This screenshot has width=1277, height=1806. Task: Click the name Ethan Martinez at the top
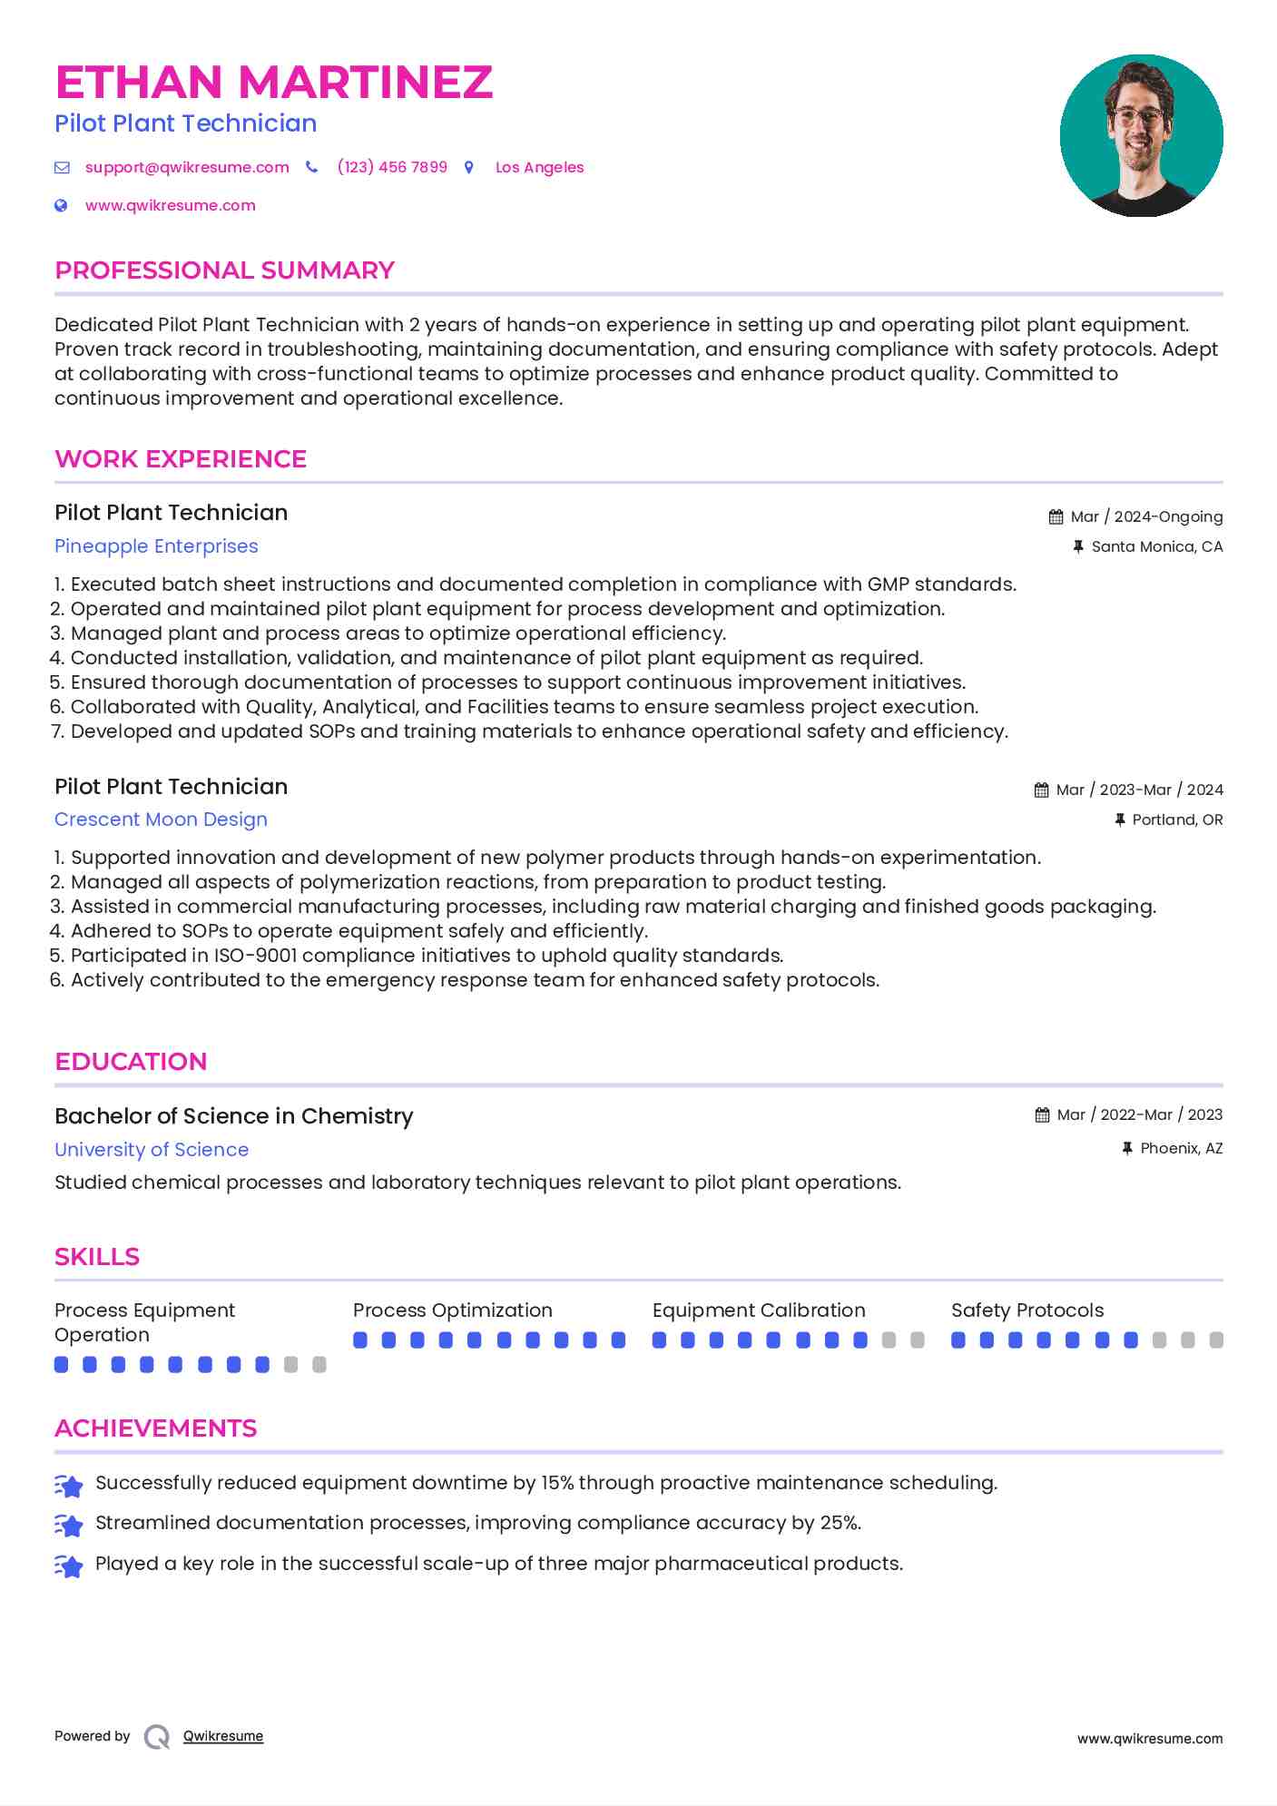tap(273, 83)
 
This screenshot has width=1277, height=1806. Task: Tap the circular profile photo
tap(1141, 135)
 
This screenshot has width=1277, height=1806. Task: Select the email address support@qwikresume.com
tap(187, 167)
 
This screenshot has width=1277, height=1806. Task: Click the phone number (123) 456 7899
tap(392, 167)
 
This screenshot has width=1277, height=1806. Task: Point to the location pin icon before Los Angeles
tap(469, 167)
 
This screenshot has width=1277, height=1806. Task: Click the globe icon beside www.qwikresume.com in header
tap(61, 205)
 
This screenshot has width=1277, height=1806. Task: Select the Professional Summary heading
tap(224, 270)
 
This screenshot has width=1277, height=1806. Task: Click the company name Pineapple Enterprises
tap(156, 546)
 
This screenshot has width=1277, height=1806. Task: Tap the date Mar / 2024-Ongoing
tap(1146, 516)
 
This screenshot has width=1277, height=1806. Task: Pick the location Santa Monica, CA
tap(1156, 546)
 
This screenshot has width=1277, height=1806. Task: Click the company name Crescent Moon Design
tap(161, 820)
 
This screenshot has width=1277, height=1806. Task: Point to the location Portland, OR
tap(1177, 820)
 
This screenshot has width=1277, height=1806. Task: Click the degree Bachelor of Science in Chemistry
tap(233, 1116)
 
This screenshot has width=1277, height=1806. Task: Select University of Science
tap(152, 1150)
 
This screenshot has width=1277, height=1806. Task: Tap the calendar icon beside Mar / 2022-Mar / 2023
tap(1042, 1114)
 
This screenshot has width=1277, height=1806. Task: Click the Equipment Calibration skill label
tap(759, 1310)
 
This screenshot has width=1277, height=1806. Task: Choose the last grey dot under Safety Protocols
tap(1216, 1340)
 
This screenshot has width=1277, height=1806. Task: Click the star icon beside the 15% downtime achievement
tap(69, 1485)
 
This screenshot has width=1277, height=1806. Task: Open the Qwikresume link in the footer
tap(223, 1736)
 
